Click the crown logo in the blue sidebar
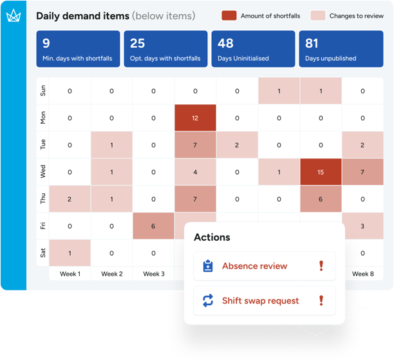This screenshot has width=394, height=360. point(13,17)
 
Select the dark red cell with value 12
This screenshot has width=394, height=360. point(195,118)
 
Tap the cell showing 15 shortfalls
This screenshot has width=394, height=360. point(321,172)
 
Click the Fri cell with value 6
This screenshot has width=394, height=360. point(153,226)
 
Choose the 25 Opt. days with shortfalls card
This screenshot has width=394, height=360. point(165,49)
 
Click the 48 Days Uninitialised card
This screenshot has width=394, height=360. point(253,49)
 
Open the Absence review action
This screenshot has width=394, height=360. point(254,266)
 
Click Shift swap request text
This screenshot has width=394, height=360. point(260,300)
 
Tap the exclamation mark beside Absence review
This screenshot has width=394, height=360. point(321,266)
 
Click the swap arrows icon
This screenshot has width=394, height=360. point(208,300)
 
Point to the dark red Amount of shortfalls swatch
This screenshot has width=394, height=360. point(229,15)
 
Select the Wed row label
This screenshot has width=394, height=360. point(43,172)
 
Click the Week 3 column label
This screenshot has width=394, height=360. point(153,274)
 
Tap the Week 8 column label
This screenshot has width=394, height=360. point(363,274)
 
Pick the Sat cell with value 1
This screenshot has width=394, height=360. point(70,253)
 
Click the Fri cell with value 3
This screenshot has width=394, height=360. point(363,226)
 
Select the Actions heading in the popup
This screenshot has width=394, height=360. point(212,237)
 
